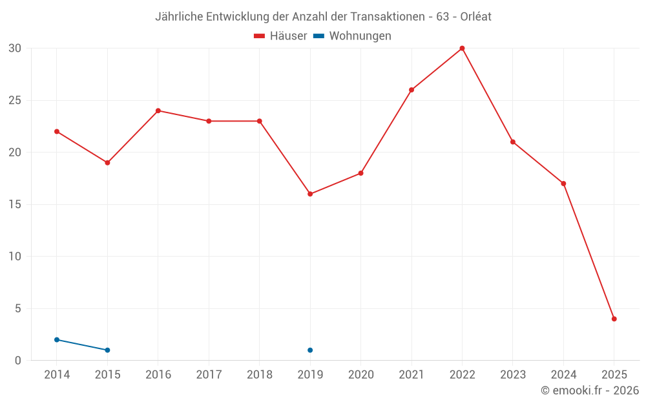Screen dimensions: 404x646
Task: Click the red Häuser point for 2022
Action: tap(462, 48)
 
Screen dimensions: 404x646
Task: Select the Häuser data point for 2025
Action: tap(614, 319)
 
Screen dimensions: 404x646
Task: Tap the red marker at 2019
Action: tap(310, 194)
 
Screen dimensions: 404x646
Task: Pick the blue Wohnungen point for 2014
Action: tap(57, 339)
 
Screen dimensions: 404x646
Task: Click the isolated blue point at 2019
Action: tap(310, 350)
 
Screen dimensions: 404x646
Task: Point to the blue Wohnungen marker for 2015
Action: tap(107, 350)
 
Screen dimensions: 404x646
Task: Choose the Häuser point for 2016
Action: tap(158, 111)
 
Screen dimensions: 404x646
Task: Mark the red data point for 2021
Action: tap(412, 90)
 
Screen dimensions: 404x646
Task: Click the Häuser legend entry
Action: tap(280, 36)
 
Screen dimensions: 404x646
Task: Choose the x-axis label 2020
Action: tap(360, 375)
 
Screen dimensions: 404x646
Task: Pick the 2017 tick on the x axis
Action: tap(209, 375)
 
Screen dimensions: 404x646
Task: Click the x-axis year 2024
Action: tap(563, 375)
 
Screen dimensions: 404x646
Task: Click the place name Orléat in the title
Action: tap(476, 17)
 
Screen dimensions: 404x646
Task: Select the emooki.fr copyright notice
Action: tap(590, 390)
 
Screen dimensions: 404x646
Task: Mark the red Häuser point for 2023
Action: tap(513, 142)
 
